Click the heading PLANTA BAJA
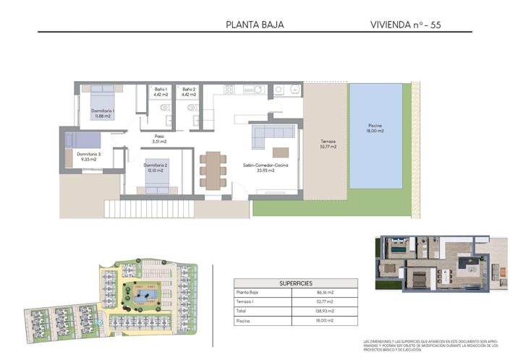[255, 25]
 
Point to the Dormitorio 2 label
[156, 168]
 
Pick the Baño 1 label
[161, 92]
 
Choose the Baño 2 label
[189, 92]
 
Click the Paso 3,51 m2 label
[160, 140]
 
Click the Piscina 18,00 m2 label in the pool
[375, 128]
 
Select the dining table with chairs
[212, 170]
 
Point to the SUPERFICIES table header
[297, 283]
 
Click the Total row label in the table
[243, 310]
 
